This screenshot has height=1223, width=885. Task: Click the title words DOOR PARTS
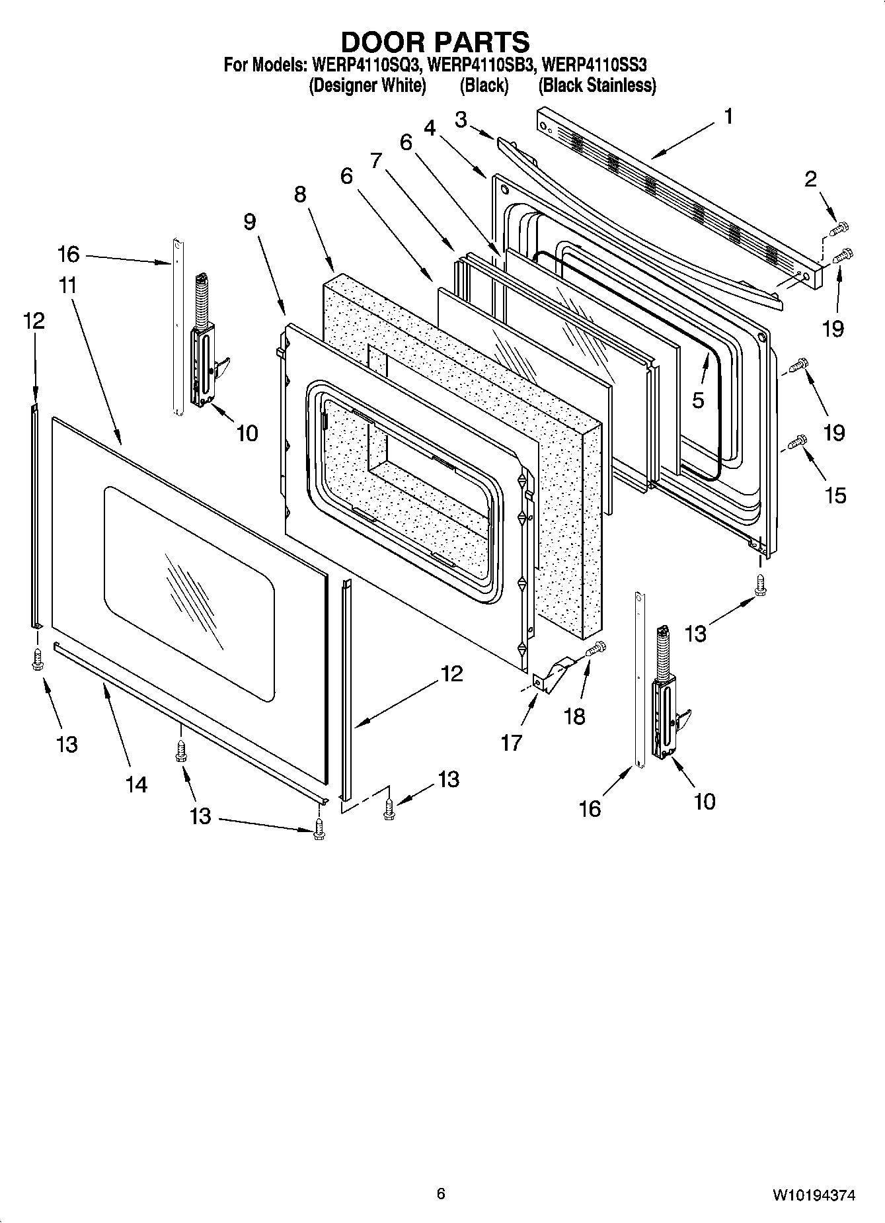pyautogui.click(x=435, y=42)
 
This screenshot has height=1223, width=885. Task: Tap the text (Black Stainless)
pyautogui.click(x=597, y=85)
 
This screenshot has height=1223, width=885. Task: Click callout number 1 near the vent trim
pyautogui.click(x=728, y=117)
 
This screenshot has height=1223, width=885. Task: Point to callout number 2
pyautogui.click(x=810, y=179)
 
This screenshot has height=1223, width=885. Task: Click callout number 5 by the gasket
pyautogui.click(x=698, y=400)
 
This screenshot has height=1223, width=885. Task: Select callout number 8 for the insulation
pyautogui.click(x=301, y=194)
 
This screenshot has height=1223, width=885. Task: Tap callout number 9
pyautogui.click(x=249, y=222)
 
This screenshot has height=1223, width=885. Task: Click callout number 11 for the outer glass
pyautogui.click(x=67, y=286)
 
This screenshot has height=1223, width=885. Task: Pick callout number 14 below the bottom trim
pyautogui.click(x=136, y=784)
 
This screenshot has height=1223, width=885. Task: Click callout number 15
pyautogui.click(x=835, y=495)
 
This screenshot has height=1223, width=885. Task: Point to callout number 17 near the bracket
pyautogui.click(x=511, y=742)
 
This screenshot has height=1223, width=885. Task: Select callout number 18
pyautogui.click(x=575, y=716)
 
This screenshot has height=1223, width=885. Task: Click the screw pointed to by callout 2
pyautogui.click(x=838, y=230)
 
